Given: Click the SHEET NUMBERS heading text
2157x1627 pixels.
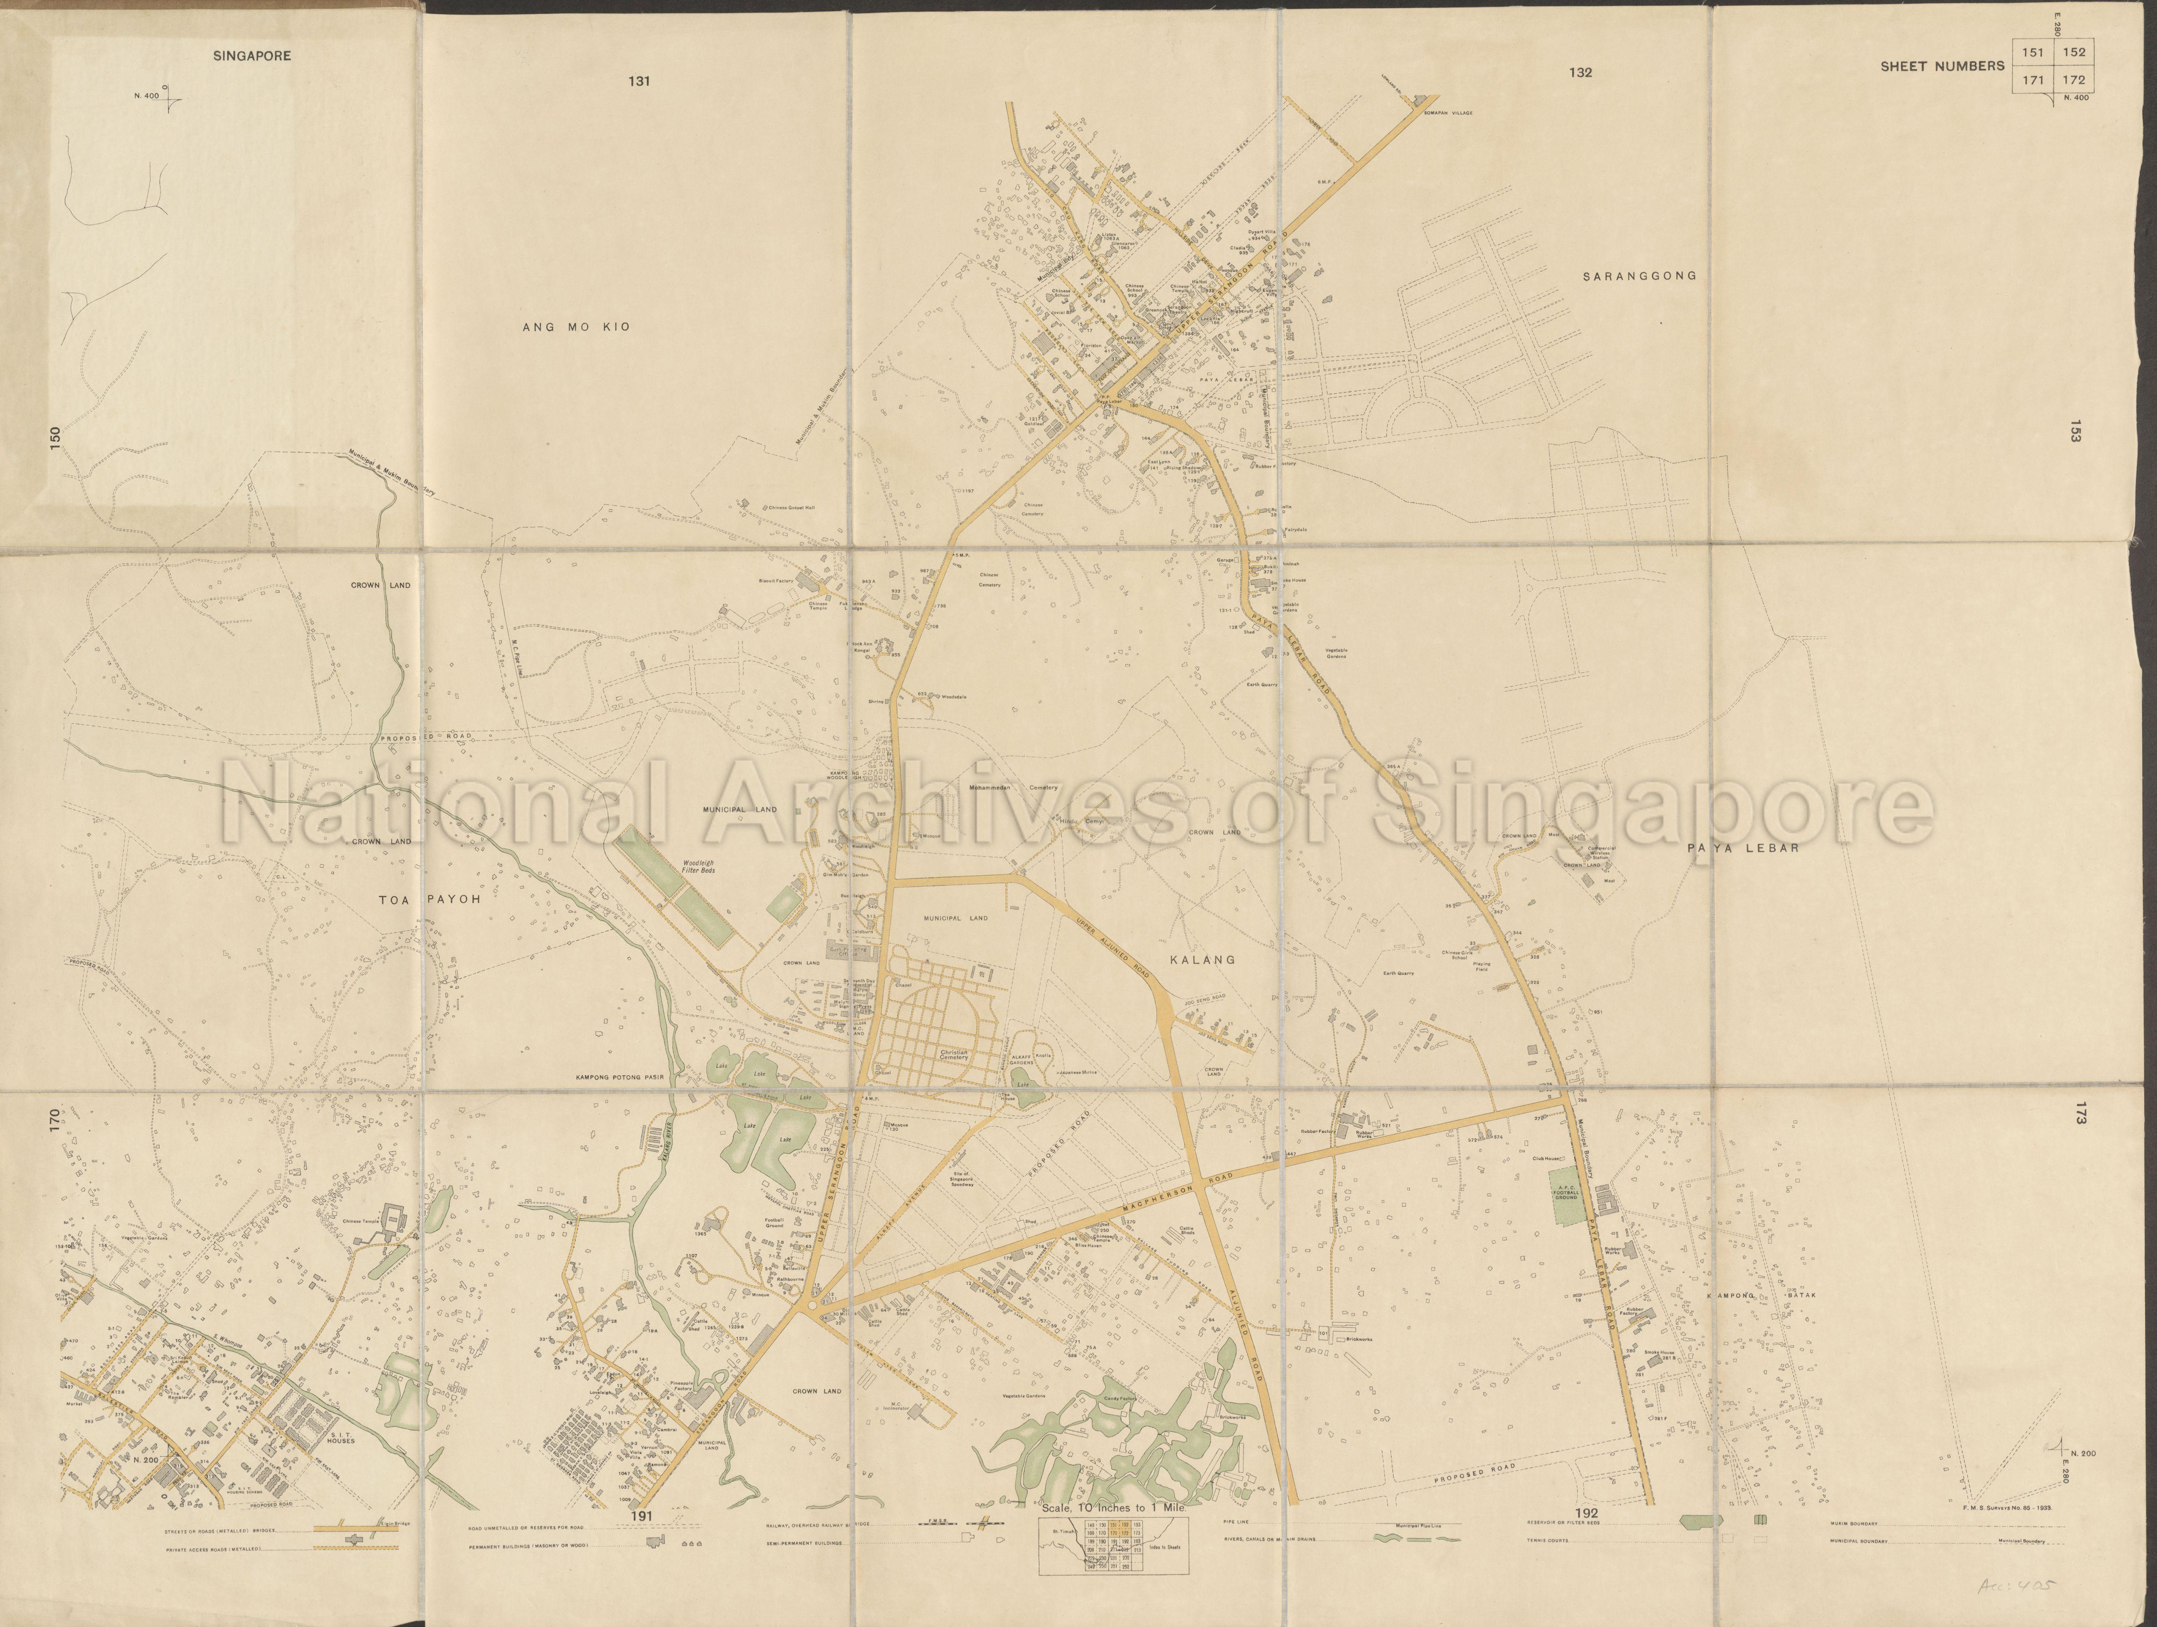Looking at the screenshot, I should click(1942, 66).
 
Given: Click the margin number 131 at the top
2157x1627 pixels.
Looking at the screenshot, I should click(640, 81).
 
